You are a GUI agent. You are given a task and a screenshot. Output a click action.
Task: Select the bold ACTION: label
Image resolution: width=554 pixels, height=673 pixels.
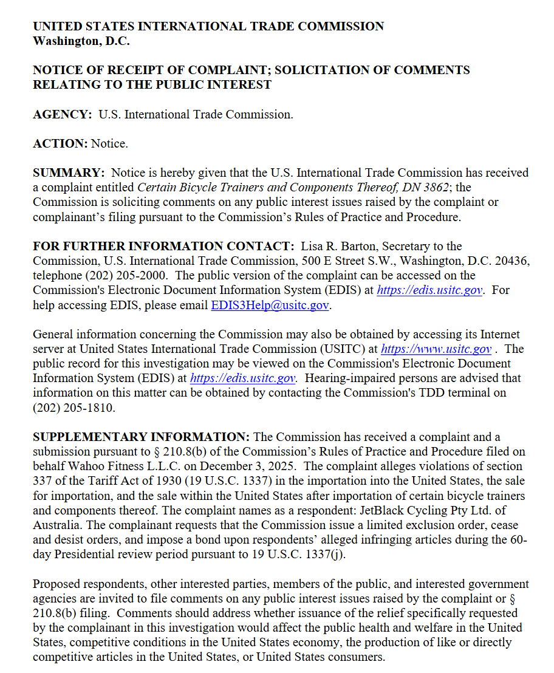coord(61,143)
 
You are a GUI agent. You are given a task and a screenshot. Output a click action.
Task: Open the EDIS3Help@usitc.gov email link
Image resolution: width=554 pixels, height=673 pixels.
coord(270,305)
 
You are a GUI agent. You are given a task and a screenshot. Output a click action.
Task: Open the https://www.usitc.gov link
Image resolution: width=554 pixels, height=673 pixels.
coord(436,349)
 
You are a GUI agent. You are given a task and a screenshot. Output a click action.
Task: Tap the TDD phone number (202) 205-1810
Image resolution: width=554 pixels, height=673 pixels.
coord(74,407)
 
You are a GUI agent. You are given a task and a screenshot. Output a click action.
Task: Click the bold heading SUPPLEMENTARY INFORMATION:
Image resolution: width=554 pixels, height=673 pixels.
coord(141,437)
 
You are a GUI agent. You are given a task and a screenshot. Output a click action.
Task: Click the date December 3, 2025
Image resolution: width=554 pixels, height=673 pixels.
coord(246,466)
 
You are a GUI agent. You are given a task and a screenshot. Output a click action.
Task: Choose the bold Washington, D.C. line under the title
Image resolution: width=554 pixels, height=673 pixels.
coord(81,41)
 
